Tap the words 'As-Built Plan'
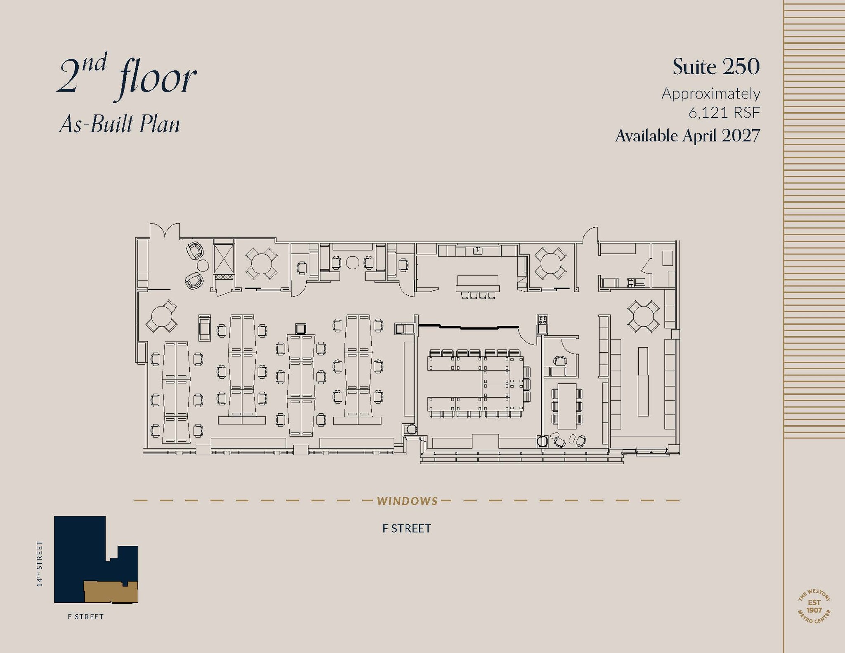pos(120,124)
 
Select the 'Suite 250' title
pos(716,67)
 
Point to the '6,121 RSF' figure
pos(724,113)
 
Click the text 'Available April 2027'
pos(687,136)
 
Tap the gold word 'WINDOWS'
pos(407,501)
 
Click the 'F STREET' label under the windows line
pos(406,528)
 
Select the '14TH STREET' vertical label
pos(40,563)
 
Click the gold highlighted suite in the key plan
pos(111,592)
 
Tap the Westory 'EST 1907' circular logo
pos(814,606)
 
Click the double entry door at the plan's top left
pos(165,231)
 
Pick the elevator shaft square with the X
pos(224,259)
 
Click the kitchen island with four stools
pos(477,283)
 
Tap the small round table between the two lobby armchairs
pos(203,265)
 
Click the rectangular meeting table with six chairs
pos(566,406)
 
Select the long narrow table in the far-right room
pos(643,382)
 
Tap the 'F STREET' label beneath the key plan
pos(85,617)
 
